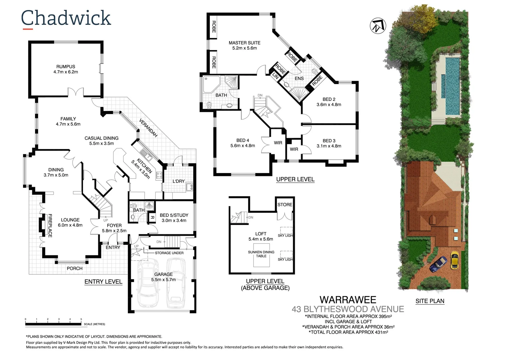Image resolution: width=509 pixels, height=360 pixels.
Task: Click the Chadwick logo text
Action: click(66, 18)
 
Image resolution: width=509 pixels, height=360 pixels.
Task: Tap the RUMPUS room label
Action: click(66, 67)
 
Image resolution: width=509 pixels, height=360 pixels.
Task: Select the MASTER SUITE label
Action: click(245, 43)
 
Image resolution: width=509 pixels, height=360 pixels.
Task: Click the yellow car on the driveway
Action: click(455, 260)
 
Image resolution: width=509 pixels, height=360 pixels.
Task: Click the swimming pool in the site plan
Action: click(452, 85)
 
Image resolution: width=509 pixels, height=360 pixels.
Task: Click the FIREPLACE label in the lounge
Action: click(50, 226)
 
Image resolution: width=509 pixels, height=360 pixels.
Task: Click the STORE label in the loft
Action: click(285, 205)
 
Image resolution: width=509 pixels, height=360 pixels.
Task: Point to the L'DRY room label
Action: click(179, 181)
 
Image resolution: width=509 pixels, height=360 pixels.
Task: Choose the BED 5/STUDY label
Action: click(174, 215)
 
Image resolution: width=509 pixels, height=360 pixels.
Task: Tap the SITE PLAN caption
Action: click(430, 301)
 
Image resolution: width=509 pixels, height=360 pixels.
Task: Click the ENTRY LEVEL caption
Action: click(103, 282)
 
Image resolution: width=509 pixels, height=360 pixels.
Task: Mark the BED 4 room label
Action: click(243, 140)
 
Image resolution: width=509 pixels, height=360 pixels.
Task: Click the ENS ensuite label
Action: click(299, 78)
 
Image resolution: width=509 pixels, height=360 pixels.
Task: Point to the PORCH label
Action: click(75, 268)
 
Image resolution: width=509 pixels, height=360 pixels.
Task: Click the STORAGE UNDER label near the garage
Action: click(169, 253)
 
